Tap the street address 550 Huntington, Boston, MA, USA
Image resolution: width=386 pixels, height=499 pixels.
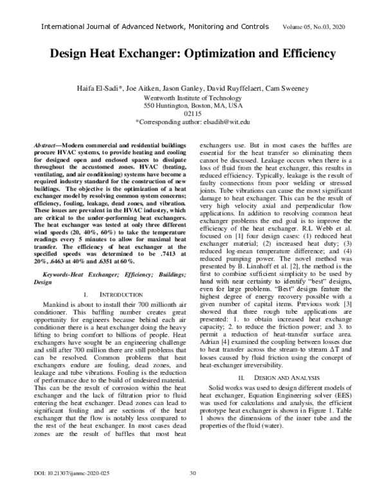tap(192, 104)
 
